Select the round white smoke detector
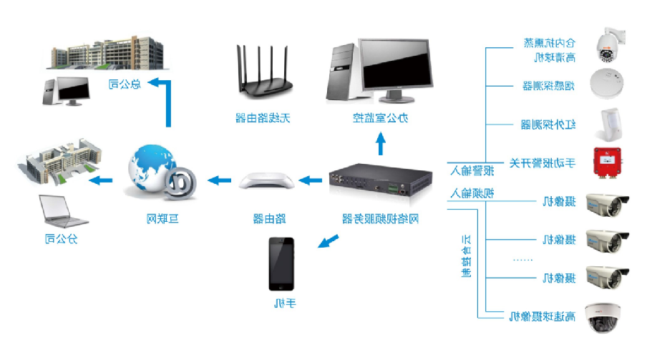point(607,83)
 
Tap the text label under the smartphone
point(284,304)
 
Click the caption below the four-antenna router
point(266,117)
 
